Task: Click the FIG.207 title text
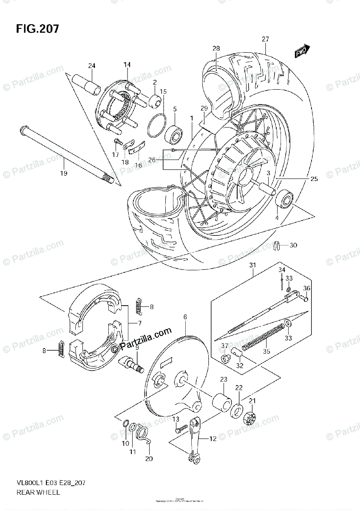click(37, 29)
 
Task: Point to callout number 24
click(91, 65)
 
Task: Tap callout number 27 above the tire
click(265, 39)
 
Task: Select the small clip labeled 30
click(277, 246)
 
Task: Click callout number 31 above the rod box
click(252, 265)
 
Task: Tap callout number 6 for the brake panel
click(185, 317)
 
